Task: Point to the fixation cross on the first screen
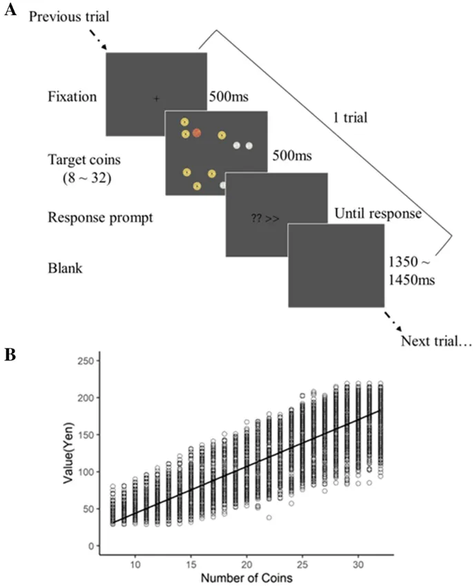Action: point(157,99)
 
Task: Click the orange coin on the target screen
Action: point(197,133)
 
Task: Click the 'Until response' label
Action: point(377,214)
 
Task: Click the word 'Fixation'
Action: point(73,97)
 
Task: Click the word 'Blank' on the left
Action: point(66,268)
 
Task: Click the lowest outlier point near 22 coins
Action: point(269,517)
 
